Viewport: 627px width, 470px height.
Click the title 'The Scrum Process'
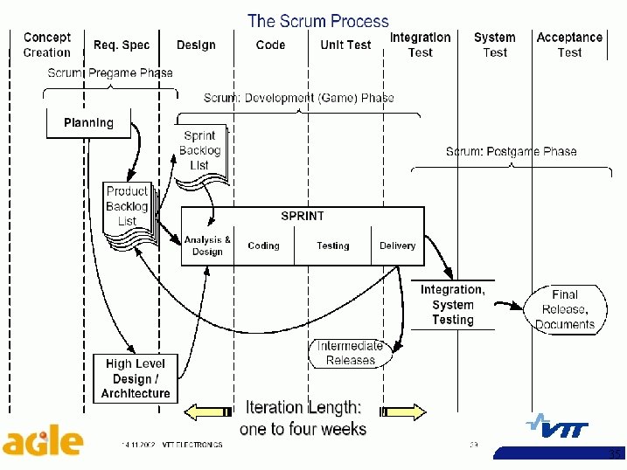coord(317,20)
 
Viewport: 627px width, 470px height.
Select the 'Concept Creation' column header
coord(47,45)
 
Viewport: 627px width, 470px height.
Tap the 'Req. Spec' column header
coord(122,45)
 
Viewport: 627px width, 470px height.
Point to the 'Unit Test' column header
coord(345,45)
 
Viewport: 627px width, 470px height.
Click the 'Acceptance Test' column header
coord(569,45)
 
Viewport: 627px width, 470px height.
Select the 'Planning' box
coord(88,123)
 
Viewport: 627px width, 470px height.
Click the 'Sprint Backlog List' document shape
coord(200,151)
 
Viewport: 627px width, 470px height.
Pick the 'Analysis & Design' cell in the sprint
coord(207,245)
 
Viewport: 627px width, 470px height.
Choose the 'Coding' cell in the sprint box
coord(263,245)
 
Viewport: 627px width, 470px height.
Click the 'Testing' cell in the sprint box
coord(332,245)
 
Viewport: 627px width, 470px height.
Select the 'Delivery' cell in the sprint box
coord(397,245)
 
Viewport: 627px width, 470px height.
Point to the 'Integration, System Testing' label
coord(452,305)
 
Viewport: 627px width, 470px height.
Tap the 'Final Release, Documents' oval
coord(565,309)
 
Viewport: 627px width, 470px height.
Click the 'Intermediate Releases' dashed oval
coord(350,353)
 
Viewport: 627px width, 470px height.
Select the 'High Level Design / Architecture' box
coord(136,378)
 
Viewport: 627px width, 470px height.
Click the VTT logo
coord(556,426)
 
